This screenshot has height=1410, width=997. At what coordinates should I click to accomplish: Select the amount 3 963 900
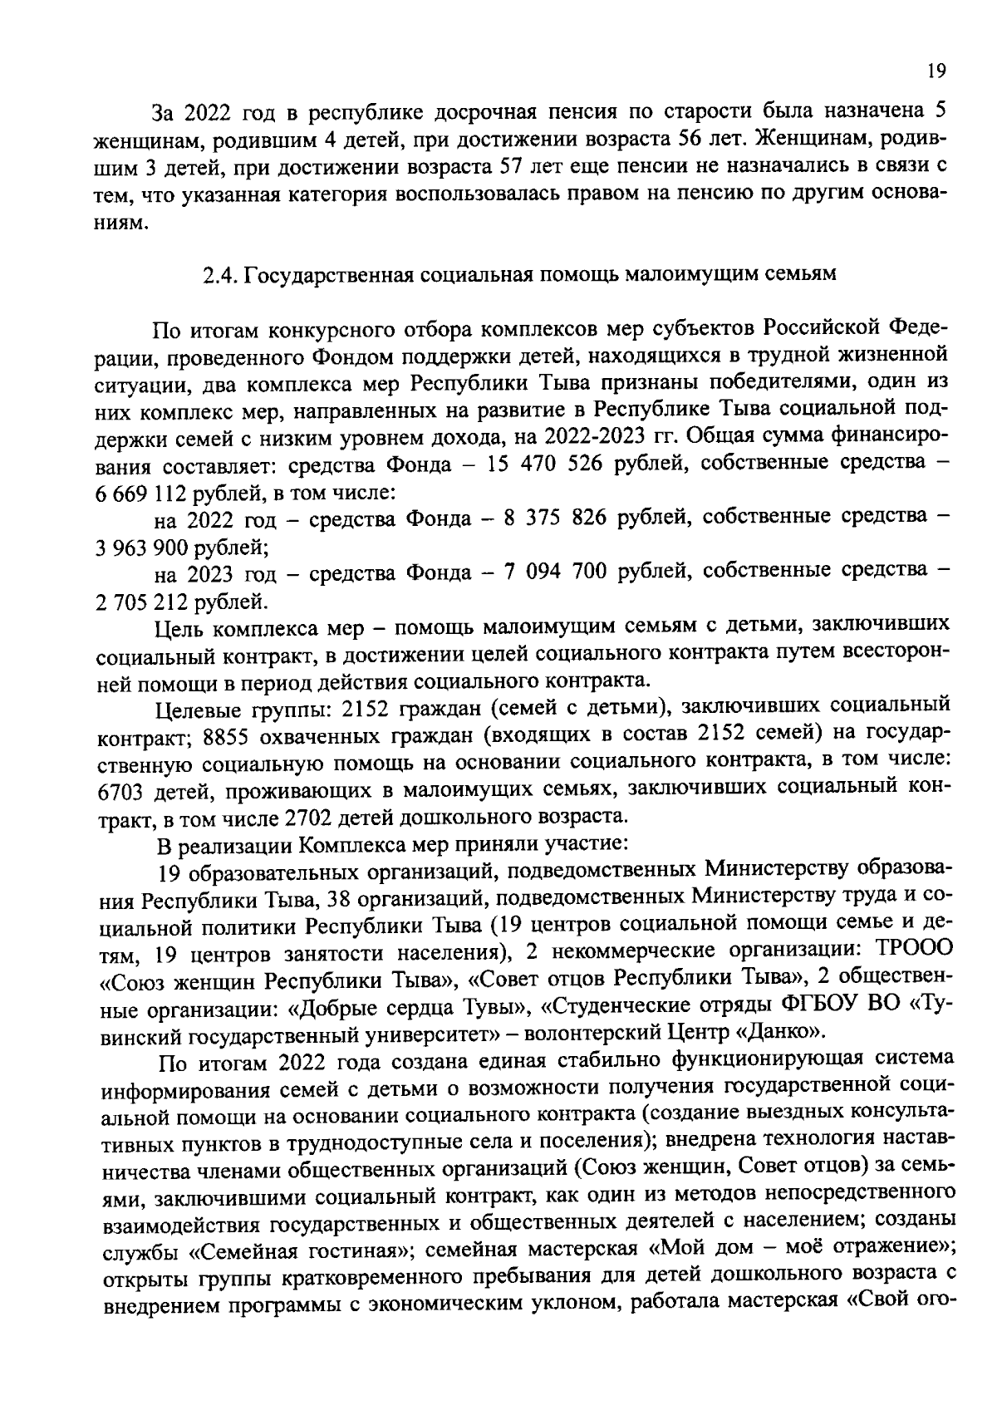[142, 546]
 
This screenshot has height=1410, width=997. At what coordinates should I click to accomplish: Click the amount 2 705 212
[142, 600]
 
